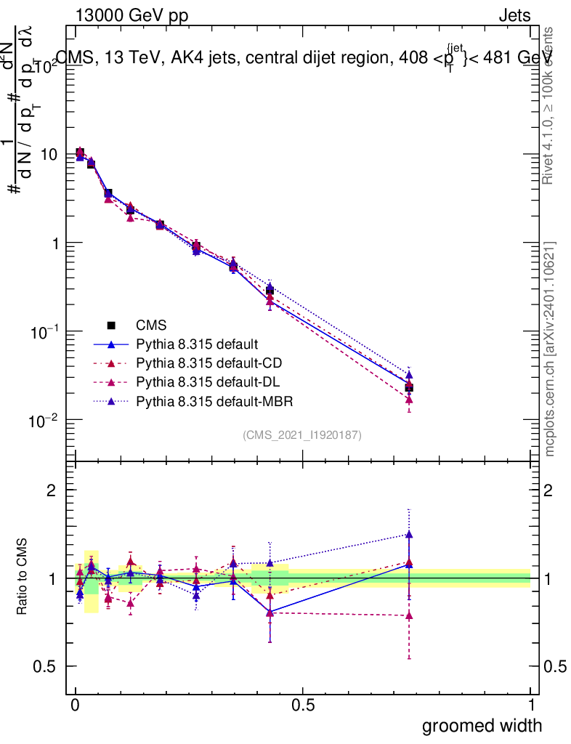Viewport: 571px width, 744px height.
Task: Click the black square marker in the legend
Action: click(x=111, y=325)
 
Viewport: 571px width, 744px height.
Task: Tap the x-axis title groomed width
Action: click(x=482, y=724)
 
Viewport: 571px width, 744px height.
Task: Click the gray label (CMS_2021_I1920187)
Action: click(x=302, y=434)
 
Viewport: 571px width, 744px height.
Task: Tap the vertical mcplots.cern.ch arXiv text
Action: click(x=551, y=349)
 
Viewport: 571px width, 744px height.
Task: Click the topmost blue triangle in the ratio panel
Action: click(x=409, y=535)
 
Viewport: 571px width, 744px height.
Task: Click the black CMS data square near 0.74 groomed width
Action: click(x=409, y=388)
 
